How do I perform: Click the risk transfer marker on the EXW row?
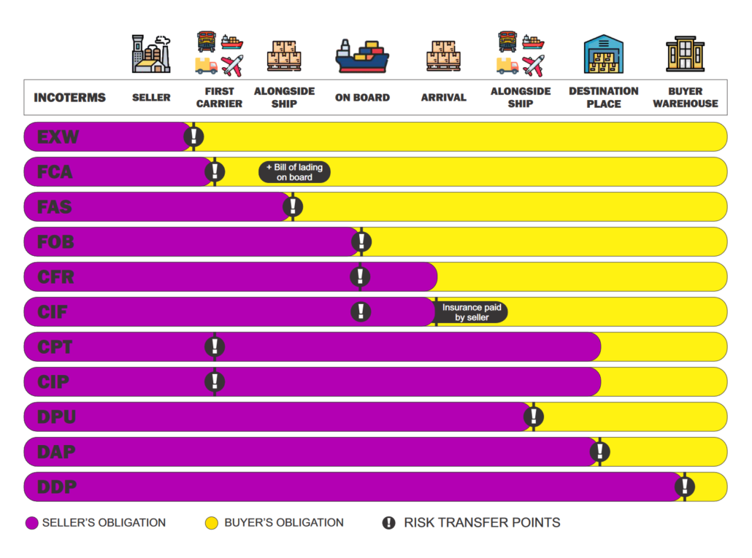click(193, 136)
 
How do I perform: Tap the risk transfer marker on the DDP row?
click(684, 487)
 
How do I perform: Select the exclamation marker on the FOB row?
click(361, 241)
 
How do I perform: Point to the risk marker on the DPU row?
click(534, 416)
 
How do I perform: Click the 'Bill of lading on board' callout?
click(294, 172)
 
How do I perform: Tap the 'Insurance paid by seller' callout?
click(472, 312)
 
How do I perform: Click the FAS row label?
click(55, 206)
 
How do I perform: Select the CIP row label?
click(54, 381)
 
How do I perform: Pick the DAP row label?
click(56, 452)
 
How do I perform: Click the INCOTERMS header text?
click(69, 98)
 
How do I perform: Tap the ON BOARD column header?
click(362, 98)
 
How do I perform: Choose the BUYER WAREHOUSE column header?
click(685, 97)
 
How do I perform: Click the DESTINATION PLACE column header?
click(603, 97)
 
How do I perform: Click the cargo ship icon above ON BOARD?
click(362, 55)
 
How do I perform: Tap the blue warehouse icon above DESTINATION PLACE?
click(603, 54)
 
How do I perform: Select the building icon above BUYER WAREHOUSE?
click(685, 54)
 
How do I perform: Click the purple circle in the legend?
click(31, 523)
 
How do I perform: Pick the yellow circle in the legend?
click(212, 523)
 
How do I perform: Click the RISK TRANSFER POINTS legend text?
click(482, 522)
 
